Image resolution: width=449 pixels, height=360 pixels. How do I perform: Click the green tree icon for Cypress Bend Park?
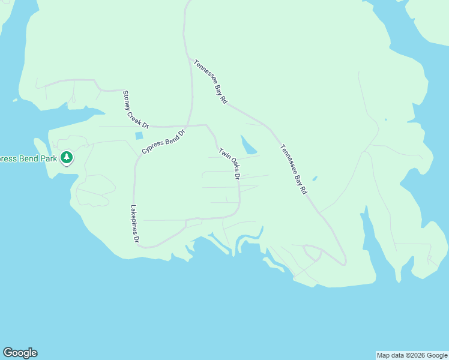(x=67, y=158)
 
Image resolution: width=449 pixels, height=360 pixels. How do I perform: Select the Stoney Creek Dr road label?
(x=135, y=109)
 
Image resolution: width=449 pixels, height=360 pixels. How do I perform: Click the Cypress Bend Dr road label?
(x=164, y=140)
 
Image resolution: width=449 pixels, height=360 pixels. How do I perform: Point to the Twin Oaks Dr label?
(x=229, y=164)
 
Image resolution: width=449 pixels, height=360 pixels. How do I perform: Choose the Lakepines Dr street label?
(x=134, y=224)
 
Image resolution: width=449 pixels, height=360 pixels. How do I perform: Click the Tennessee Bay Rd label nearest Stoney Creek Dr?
(x=210, y=82)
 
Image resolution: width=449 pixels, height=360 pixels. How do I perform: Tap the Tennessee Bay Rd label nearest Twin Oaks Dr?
(x=294, y=169)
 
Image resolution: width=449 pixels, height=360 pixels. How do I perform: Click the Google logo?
(x=20, y=353)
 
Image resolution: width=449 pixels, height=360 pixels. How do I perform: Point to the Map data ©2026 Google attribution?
(x=412, y=355)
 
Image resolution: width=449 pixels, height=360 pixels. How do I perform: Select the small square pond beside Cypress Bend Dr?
(x=139, y=136)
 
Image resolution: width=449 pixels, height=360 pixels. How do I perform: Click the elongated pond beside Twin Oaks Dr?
(x=248, y=145)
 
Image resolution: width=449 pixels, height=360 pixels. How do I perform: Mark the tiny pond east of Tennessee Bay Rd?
(x=315, y=178)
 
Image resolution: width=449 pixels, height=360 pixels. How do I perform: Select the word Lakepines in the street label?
(x=134, y=219)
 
